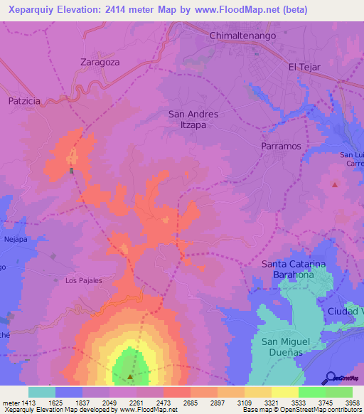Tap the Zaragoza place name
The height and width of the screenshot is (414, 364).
coord(100,62)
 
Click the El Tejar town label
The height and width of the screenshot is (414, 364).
coord(304,67)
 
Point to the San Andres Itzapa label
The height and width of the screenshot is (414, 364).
coord(193,119)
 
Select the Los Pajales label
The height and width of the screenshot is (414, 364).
coord(84,280)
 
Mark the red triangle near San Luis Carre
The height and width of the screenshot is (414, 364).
coord(334,185)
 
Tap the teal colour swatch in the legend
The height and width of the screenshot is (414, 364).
coord(42,392)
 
